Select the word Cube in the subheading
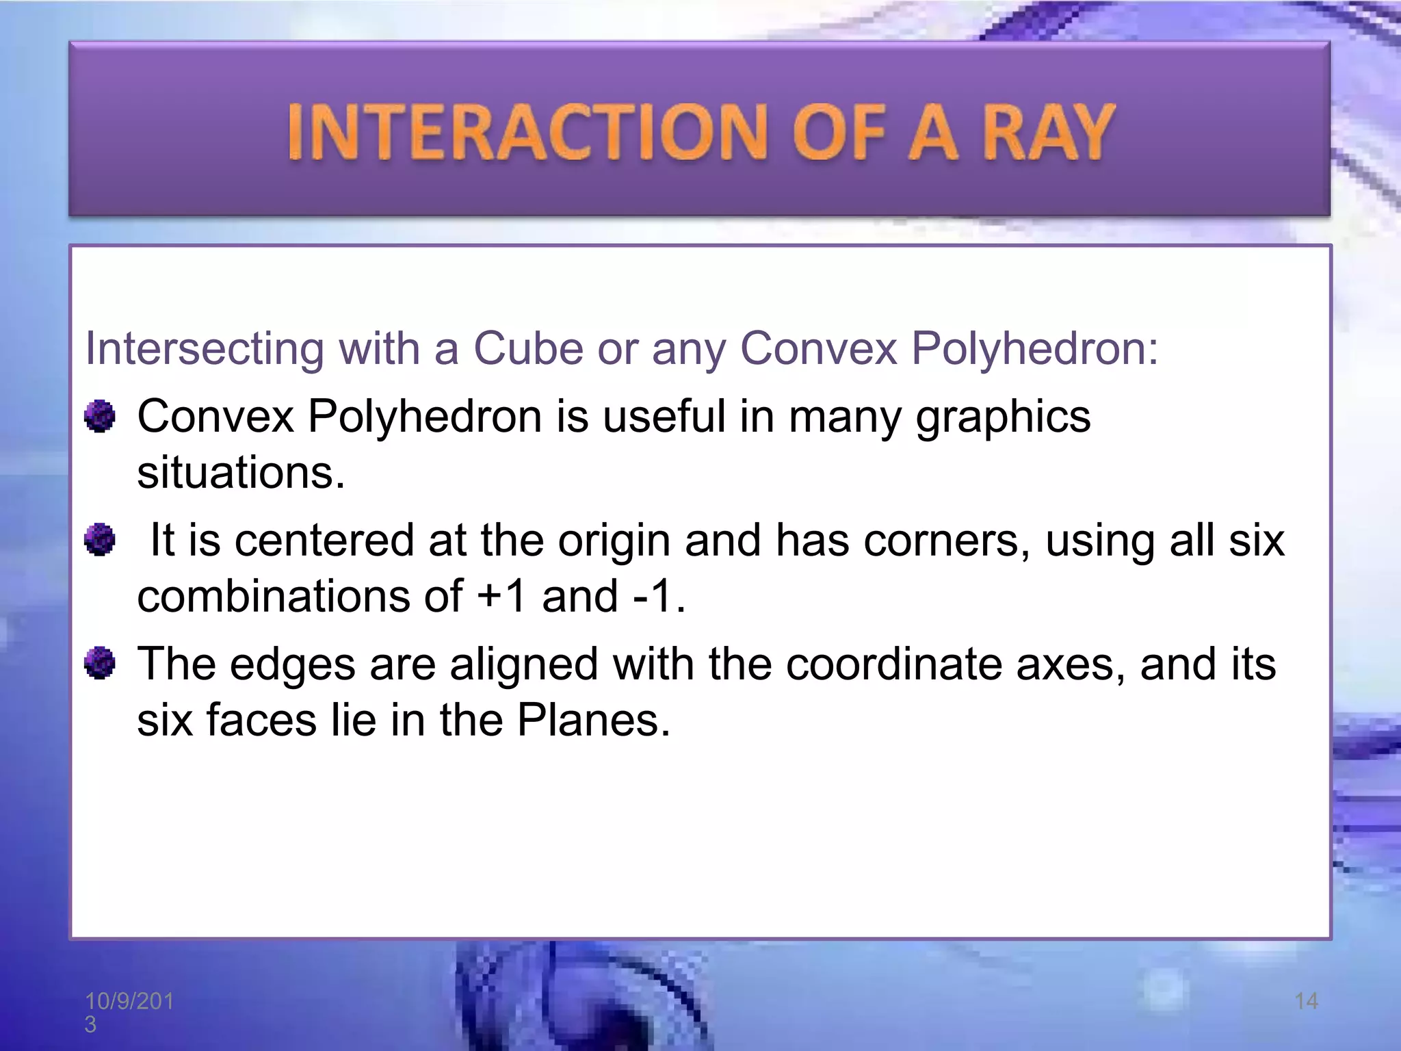(x=528, y=348)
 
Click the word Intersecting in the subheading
(x=204, y=348)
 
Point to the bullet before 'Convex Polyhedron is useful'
(x=100, y=416)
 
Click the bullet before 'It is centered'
(x=100, y=540)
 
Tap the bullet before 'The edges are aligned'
(x=100, y=663)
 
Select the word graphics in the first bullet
(x=1002, y=417)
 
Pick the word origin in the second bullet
(x=614, y=540)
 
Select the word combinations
(x=272, y=596)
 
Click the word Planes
(x=592, y=720)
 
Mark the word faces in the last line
(x=261, y=720)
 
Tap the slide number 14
(x=1306, y=1001)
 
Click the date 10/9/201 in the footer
(x=129, y=1002)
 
